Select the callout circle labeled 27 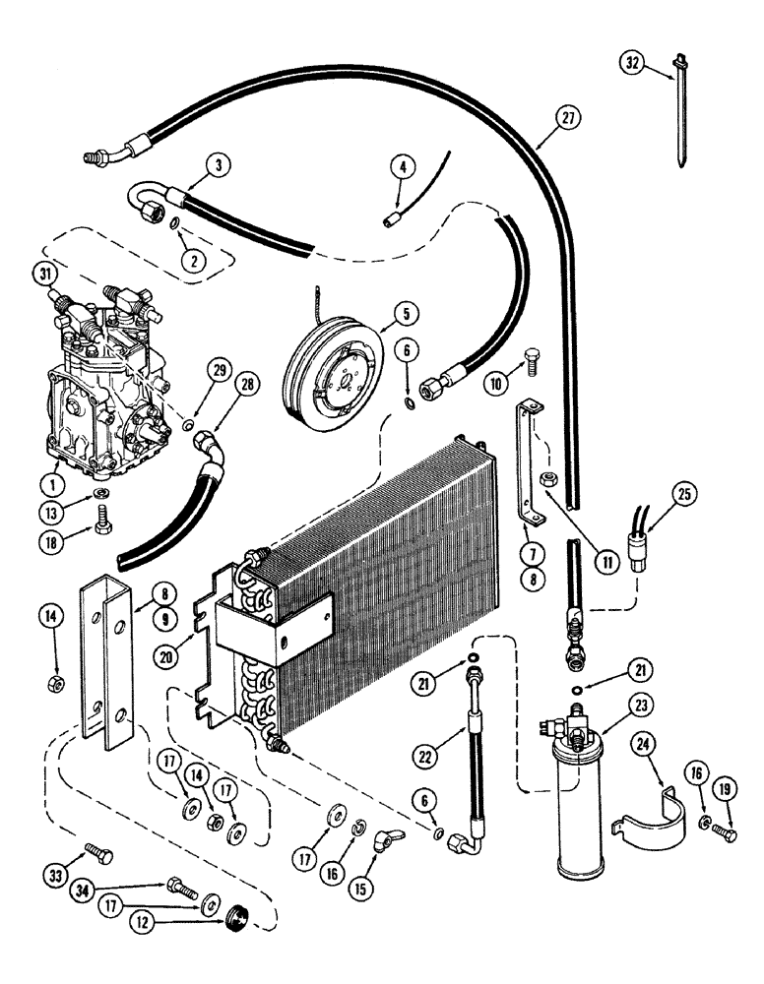568,119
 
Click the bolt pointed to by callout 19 727,835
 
